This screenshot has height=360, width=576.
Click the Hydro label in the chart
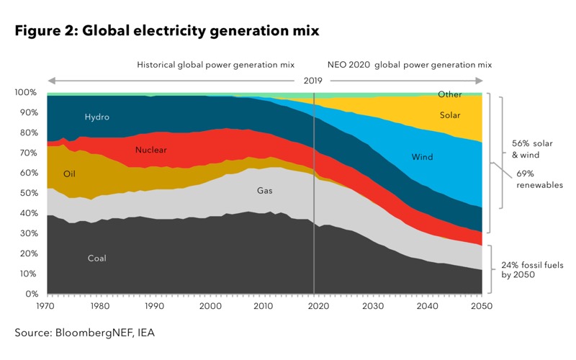[97, 117]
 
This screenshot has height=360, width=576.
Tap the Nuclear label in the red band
[151, 150]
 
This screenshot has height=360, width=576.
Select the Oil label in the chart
[69, 174]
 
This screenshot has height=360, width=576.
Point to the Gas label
[264, 190]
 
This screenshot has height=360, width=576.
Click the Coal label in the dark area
[97, 258]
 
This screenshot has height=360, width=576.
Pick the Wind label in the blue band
[422, 157]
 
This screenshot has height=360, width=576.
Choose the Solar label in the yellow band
[450, 115]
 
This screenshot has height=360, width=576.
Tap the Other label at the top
[449, 94]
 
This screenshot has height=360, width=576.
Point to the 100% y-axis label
[26, 92]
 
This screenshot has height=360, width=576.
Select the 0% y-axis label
[32, 294]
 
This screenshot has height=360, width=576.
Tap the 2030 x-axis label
[373, 306]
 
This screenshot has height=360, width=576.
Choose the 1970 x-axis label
[45, 306]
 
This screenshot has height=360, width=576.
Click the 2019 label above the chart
[312, 81]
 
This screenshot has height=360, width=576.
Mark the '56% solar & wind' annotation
[532, 149]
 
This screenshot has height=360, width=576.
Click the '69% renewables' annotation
[539, 179]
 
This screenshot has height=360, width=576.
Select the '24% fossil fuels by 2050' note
[532, 270]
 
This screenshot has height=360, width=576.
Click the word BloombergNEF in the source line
[94, 333]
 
